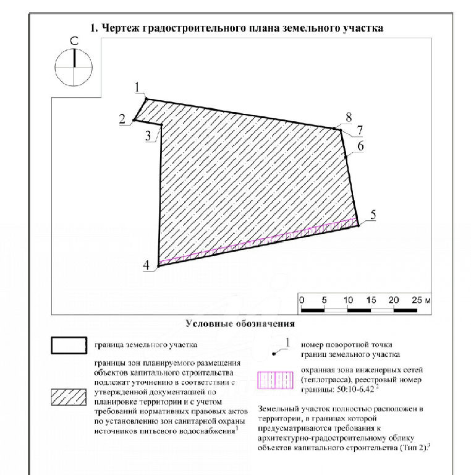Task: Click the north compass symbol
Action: pos(74,67)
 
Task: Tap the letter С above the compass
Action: pos(74,41)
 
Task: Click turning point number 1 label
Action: pos(137,88)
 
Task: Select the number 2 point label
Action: pos(122,119)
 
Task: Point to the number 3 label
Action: pos(148,135)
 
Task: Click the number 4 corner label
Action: pos(146,265)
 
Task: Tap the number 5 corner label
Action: pos(373,215)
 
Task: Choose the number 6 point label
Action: pos(360,146)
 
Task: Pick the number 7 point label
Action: pos(360,131)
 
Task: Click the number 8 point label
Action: pos(349,118)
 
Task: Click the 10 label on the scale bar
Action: pos(348,300)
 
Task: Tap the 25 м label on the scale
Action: pos(421,300)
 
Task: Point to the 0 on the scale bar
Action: pos(302,300)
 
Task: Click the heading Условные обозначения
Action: pos(240,323)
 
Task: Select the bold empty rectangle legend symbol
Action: pos(69,345)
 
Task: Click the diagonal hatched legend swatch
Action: pos(69,397)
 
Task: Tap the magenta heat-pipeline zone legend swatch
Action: pos(275,380)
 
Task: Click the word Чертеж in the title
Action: pos(119,28)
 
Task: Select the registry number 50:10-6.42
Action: pos(355,389)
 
